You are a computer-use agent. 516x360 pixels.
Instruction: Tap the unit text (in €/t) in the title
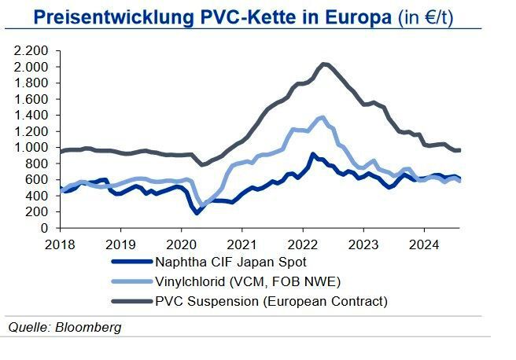[x=429, y=16]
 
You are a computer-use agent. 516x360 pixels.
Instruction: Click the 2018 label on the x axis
[x=57, y=243]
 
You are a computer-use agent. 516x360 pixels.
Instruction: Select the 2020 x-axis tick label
[x=180, y=243]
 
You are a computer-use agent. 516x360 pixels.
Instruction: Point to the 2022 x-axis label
[x=302, y=243]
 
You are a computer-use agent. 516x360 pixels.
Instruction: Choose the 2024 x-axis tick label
[x=424, y=243]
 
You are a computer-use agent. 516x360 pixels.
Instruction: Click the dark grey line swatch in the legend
[x=132, y=301]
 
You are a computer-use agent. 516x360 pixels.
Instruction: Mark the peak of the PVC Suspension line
[x=324, y=64]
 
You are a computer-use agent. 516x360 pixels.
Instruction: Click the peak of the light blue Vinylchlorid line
[x=321, y=117]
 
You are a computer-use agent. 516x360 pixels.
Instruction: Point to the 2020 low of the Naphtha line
[x=197, y=212]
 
